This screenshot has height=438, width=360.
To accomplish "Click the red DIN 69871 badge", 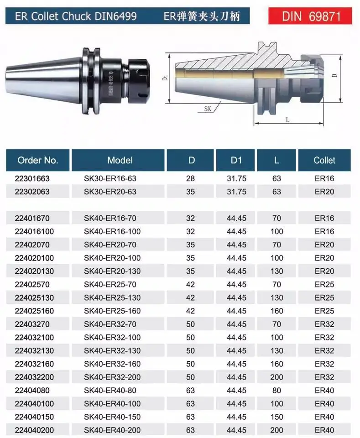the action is [x=310, y=16].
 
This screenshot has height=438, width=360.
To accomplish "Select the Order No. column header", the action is [x=38, y=160].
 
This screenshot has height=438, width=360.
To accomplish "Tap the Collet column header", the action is [x=324, y=160].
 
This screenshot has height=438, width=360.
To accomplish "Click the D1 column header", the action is [x=235, y=160].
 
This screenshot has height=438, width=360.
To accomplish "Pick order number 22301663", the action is [x=32, y=178].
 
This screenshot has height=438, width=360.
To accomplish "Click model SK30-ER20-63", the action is [x=110, y=192].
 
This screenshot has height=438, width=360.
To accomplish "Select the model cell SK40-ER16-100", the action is [x=112, y=231].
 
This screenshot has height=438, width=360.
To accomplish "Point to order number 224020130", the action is [x=34, y=271].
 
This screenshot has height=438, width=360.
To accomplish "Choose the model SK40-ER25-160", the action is [x=112, y=311].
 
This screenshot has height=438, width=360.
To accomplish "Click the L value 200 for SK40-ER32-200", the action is [x=277, y=377].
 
